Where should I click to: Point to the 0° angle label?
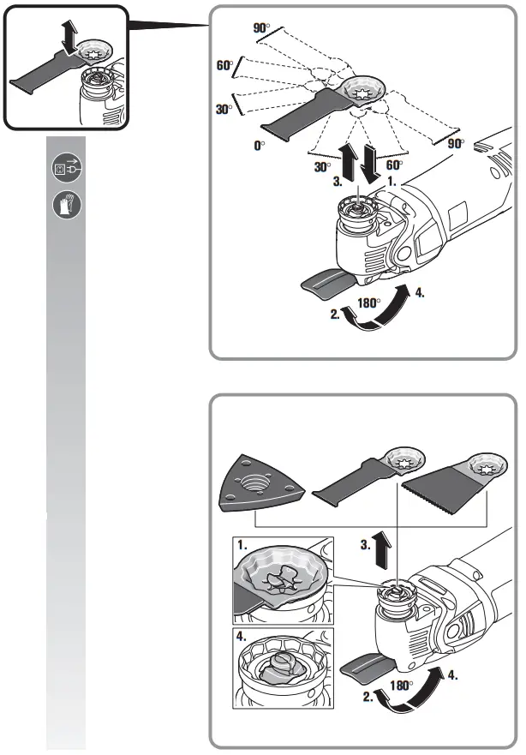point(259,147)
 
